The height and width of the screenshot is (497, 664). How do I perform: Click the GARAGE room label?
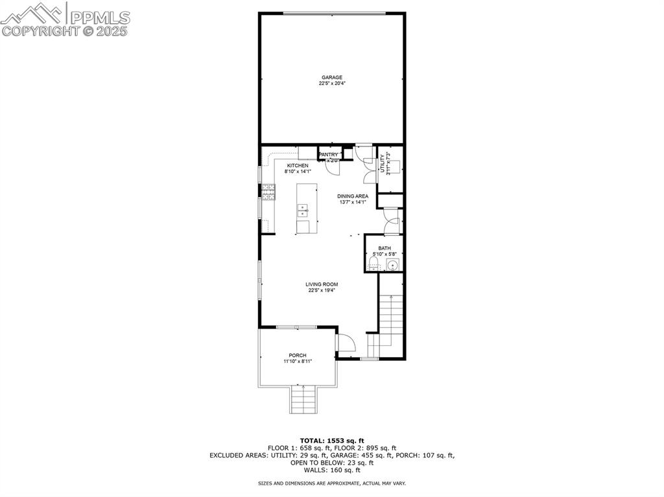[x=332, y=78]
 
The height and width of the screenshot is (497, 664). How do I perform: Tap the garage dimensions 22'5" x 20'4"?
[x=332, y=84]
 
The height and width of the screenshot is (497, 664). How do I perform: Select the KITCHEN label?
[x=298, y=166]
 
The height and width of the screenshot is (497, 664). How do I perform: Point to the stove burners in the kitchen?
[x=268, y=191]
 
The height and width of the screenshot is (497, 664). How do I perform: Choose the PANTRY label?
[x=329, y=155]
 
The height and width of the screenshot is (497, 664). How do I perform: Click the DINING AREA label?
[x=353, y=196]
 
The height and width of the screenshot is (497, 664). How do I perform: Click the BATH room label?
[x=385, y=248]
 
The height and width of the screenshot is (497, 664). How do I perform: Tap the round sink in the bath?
[x=392, y=265]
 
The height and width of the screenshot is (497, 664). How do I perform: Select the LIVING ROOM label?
[x=322, y=284]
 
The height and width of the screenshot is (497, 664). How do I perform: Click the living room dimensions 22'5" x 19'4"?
[x=322, y=290]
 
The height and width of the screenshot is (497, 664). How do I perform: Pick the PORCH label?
[x=298, y=355]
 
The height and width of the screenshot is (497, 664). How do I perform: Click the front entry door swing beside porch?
[x=346, y=343]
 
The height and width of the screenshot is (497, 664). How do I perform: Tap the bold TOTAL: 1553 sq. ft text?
[x=332, y=441]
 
